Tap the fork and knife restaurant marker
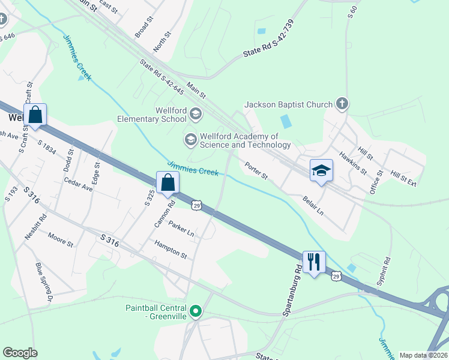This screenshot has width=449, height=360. tap(314, 262)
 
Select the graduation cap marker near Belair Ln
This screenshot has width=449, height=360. tap(321, 170)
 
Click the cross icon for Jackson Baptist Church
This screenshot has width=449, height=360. tap(342, 104)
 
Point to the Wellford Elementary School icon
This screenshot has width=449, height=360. tap(196, 113)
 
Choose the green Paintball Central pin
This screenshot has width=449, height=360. tap(196, 311)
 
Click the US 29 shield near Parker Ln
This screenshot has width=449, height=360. tap(197, 206)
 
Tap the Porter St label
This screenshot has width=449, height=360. tap(256, 171)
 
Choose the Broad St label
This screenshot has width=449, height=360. tap(145, 26)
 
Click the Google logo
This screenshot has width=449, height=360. tap(20, 353)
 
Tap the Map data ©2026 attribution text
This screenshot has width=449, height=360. tap(423, 355)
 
